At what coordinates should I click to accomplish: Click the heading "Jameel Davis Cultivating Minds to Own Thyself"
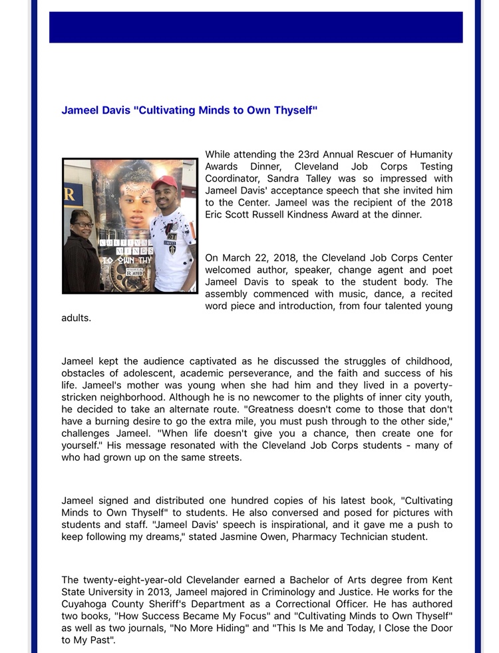click(x=189, y=110)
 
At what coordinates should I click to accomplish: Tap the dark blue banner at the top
click(x=255, y=27)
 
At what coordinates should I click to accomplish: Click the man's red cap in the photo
click(x=164, y=182)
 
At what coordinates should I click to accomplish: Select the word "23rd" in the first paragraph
click(x=303, y=154)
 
